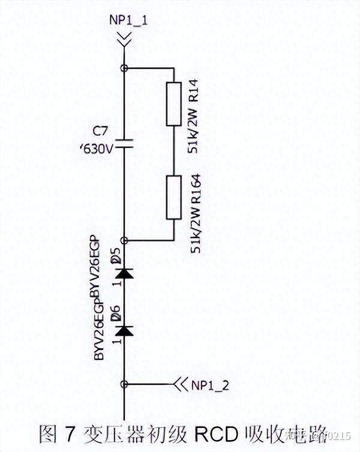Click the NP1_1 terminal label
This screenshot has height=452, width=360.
129,20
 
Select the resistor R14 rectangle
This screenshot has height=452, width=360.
172,103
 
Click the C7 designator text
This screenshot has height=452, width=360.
101,131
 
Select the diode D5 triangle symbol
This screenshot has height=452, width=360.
124,273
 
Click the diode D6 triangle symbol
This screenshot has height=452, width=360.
124,330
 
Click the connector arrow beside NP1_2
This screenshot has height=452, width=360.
179,384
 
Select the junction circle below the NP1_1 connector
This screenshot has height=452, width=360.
124,68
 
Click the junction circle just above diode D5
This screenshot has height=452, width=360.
124,240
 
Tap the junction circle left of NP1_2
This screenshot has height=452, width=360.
124,384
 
